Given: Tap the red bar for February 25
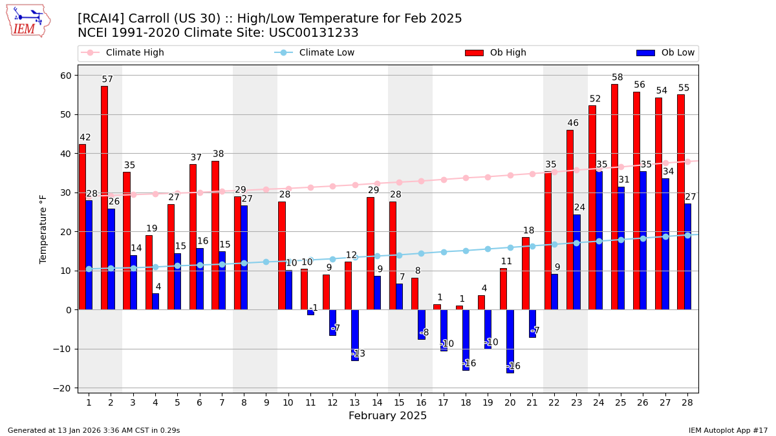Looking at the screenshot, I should tap(614, 194).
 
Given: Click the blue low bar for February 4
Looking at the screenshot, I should tap(155, 302).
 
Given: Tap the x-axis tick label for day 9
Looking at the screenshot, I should tap(266, 402).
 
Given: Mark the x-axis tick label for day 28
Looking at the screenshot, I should tap(687, 402).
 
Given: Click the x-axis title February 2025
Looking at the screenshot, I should tap(387, 416).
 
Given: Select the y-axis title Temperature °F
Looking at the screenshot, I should tap(43, 229).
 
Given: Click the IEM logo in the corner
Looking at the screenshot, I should tap(28, 21).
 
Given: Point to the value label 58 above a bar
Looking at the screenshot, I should tap(618, 78).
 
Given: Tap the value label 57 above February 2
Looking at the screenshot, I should tap(107, 79).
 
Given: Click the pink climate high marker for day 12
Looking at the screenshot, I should tap(332, 186).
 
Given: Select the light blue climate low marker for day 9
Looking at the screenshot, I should tap(266, 262).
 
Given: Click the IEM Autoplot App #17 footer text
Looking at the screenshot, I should tap(728, 430).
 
